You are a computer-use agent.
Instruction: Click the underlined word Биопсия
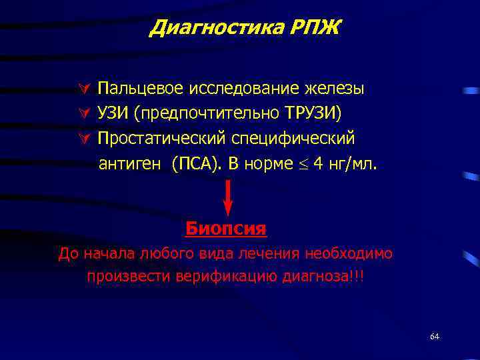226,229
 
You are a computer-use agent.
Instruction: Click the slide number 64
435,337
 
